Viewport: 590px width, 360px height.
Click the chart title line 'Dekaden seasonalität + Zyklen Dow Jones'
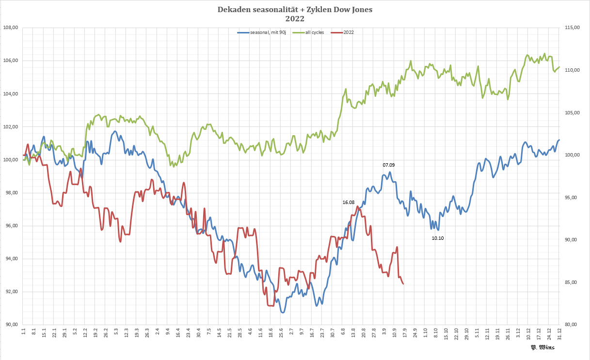[295, 10]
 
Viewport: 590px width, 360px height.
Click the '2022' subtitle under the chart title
[295, 19]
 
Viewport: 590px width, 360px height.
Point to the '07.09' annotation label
[389, 165]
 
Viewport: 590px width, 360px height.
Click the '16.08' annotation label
[349, 202]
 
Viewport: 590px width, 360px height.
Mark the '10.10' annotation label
[438, 238]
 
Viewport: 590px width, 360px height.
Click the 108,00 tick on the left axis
[11, 28]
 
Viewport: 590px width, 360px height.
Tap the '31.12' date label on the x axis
[559, 333]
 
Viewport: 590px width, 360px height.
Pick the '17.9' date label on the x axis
[404, 332]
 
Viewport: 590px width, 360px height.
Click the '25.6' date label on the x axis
[281, 332]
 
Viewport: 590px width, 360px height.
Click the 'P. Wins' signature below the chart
[542, 347]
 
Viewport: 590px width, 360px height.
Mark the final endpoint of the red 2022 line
[403, 284]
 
